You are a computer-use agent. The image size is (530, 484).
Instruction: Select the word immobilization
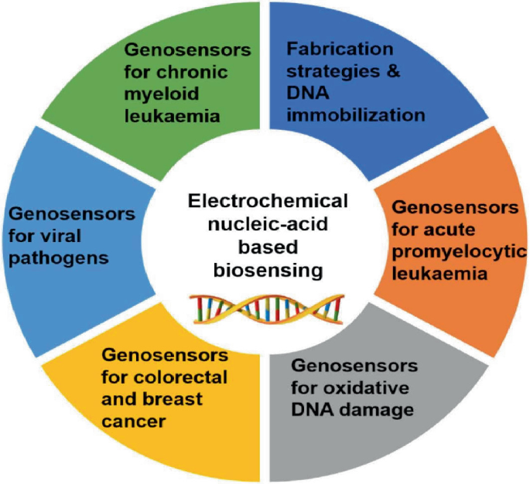(356, 116)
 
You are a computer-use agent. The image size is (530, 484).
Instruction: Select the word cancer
(134, 422)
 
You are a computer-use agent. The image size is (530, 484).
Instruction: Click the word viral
(87, 233)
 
